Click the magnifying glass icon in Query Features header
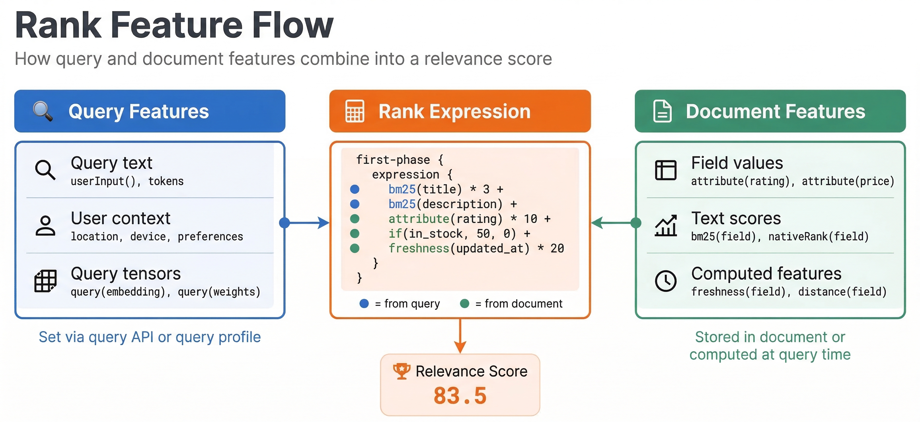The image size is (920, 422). click(43, 111)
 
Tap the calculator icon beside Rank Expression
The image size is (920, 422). click(355, 111)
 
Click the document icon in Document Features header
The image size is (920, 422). click(662, 111)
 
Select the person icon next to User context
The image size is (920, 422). click(45, 225)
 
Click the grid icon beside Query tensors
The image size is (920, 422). click(45, 281)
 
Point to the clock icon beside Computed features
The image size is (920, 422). click(666, 281)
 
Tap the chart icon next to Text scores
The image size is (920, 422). click(666, 225)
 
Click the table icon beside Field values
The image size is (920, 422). click(666, 170)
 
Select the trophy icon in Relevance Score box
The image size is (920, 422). click(401, 371)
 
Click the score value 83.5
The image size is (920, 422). click(460, 396)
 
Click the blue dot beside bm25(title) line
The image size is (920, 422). click(355, 189)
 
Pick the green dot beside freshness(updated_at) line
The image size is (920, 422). click(355, 248)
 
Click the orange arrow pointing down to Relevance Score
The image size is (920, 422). click(460, 336)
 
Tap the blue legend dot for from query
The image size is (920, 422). click(364, 304)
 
